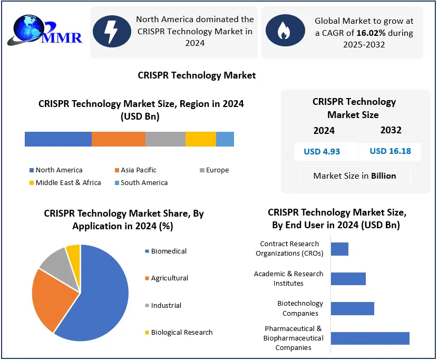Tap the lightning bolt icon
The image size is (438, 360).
[x=112, y=31]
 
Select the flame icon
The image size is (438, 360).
[x=284, y=31]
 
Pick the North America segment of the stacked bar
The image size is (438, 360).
[x=58, y=139]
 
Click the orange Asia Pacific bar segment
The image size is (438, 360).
[x=119, y=139]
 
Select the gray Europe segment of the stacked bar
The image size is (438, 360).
[x=166, y=139]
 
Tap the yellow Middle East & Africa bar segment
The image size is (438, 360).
[x=201, y=139]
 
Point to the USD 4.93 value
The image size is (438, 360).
[x=322, y=151]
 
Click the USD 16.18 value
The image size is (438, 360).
[x=390, y=151]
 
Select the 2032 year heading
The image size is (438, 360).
[x=391, y=130]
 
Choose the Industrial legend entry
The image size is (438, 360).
[x=166, y=305]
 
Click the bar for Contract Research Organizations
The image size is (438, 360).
[x=339, y=249]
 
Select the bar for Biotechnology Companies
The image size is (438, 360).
[x=352, y=308]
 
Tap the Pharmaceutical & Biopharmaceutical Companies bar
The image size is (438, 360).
[x=370, y=338]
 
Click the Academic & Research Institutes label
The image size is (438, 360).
[x=288, y=278]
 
